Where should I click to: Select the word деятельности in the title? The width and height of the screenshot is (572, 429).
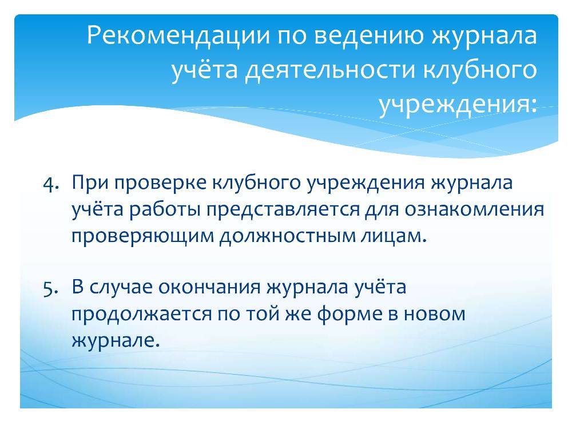point(331,70)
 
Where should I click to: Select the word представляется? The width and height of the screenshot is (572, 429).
point(283,210)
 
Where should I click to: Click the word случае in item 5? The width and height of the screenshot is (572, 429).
point(121,288)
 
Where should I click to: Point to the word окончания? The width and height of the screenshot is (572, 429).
point(210,288)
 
